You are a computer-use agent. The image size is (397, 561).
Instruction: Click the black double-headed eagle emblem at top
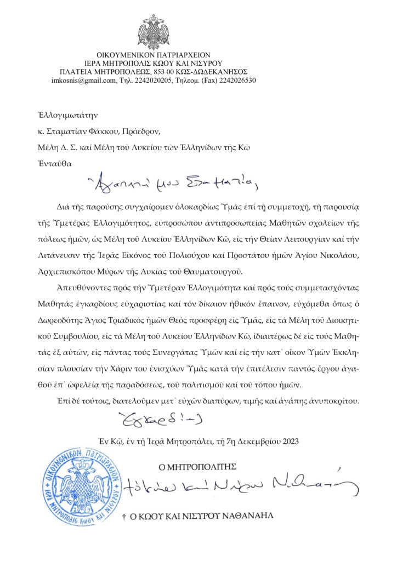[154, 32]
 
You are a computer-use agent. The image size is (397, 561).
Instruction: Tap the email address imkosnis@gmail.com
[83, 80]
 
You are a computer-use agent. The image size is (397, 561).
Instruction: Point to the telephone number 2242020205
[154, 80]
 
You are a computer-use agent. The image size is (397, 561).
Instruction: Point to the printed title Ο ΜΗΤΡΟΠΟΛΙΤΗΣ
[197, 466]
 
